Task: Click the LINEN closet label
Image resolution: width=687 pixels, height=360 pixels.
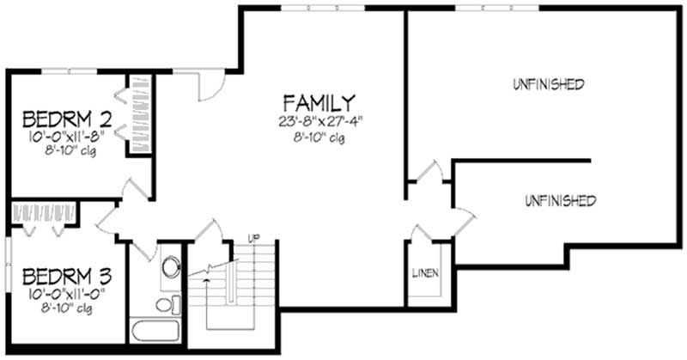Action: [426, 273]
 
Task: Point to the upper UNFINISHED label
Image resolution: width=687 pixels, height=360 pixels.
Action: [549, 84]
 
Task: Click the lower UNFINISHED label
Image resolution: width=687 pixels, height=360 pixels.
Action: [558, 201]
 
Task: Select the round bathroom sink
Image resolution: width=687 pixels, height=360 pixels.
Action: [170, 265]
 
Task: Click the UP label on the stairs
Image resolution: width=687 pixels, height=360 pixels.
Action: [254, 236]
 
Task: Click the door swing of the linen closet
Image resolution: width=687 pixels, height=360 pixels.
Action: [423, 233]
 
